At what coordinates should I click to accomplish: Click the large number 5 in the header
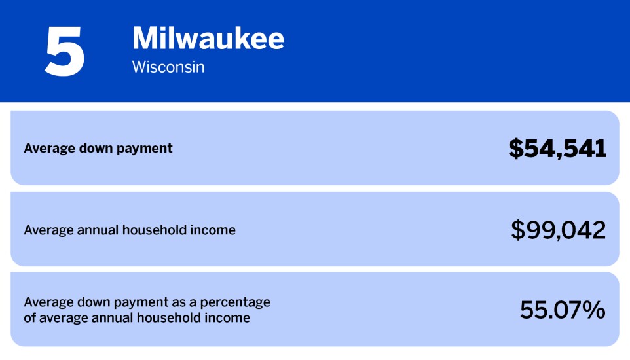64,50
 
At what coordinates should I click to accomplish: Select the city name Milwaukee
208,39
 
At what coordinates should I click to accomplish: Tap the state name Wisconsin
168,67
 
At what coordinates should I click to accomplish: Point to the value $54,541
557,149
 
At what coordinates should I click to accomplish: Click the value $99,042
558,230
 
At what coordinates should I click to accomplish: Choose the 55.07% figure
562,310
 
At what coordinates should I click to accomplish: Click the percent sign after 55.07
594,310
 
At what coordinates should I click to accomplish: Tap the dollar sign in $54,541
516,149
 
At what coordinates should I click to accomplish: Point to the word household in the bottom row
175,319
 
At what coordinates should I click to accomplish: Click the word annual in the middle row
100,230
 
